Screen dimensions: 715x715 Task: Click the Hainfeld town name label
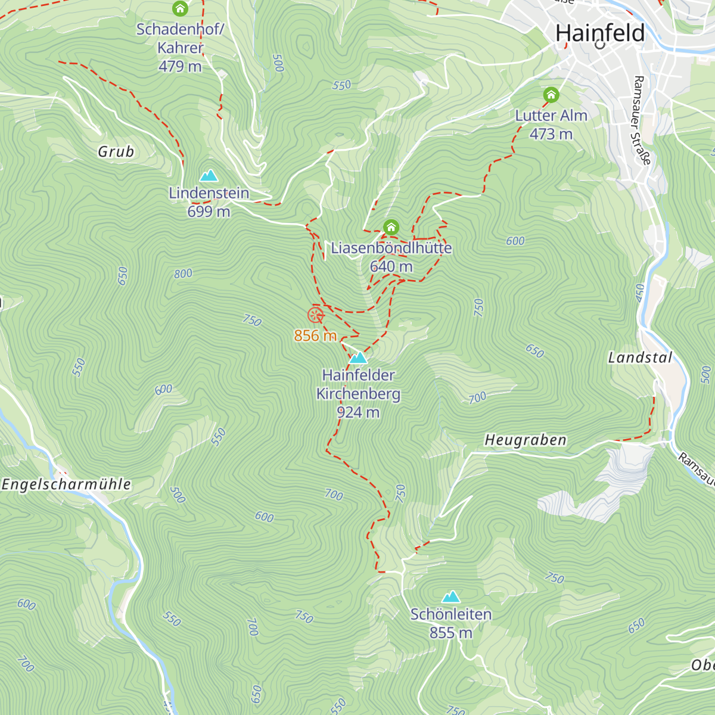tap(599, 33)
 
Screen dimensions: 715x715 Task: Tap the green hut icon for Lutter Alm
tap(551, 95)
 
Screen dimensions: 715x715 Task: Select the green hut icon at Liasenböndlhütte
tap(391, 227)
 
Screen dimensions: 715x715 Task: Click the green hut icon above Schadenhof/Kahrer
tap(180, 9)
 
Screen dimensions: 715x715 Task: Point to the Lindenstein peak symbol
tap(209, 175)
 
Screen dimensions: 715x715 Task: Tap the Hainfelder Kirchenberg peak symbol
tap(358, 357)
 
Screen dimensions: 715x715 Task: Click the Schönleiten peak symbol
tap(451, 596)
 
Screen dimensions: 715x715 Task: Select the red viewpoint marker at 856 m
tap(315, 315)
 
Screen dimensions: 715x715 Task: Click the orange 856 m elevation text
tap(315, 335)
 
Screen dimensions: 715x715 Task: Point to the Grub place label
tap(116, 152)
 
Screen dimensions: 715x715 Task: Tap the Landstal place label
tap(640, 357)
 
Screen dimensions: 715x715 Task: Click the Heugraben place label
tap(525, 440)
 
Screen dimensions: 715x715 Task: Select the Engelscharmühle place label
tap(66, 484)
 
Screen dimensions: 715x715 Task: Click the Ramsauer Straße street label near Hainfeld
tap(642, 120)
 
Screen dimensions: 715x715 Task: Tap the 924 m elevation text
tap(358, 412)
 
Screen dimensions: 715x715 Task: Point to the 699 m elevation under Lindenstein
tap(209, 212)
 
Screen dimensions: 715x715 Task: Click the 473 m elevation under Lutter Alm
tap(551, 134)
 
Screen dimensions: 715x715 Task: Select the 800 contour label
tap(184, 273)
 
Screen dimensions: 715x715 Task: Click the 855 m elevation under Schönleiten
tap(451, 633)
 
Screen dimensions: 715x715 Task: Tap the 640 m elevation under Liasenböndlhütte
tap(391, 266)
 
